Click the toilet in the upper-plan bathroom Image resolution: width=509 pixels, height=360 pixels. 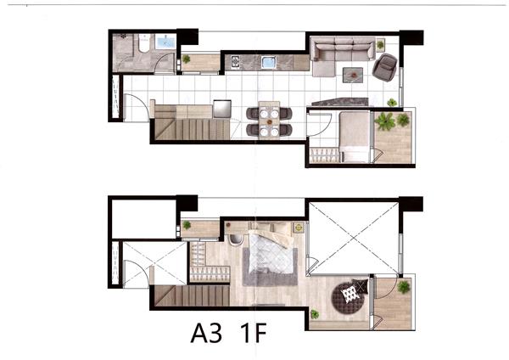(144, 43)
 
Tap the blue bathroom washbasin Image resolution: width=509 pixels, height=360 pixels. (165, 42)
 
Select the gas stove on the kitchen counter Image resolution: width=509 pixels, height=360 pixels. (235, 62)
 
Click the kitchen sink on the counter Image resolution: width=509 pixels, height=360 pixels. (269, 62)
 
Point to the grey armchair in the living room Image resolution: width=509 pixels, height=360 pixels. (385, 67)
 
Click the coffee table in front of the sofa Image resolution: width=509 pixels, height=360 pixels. (353, 75)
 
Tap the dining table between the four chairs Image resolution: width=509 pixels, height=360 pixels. (269, 121)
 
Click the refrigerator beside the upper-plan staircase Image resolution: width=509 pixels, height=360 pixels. (222, 110)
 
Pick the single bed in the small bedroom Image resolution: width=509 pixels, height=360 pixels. (354, 137)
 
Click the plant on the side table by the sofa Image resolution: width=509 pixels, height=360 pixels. (380, 44)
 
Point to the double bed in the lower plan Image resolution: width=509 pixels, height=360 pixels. (272, 248)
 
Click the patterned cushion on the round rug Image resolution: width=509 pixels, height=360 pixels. (350, 294)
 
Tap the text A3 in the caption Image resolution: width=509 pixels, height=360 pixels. (207, 333)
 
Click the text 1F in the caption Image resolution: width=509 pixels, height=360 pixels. (254, 333)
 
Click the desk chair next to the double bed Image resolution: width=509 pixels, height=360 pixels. (236, 239)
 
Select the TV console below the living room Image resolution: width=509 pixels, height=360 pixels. (340, 102)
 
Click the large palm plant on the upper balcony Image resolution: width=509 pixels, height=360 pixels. (385, 121)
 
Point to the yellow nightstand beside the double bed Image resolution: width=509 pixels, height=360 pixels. (299, 228)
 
